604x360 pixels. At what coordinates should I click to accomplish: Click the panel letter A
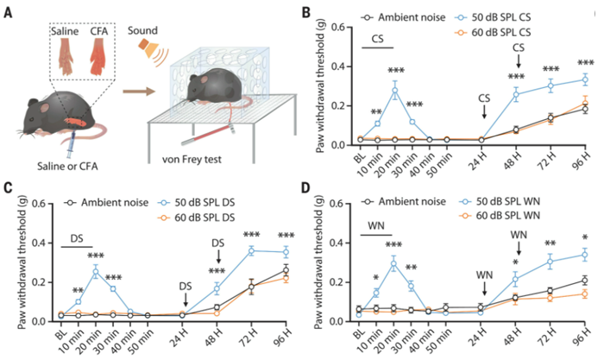point(9,12)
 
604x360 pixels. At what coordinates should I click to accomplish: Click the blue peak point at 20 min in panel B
point(396,90)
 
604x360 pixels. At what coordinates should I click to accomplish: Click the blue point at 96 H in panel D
point(584,254)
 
